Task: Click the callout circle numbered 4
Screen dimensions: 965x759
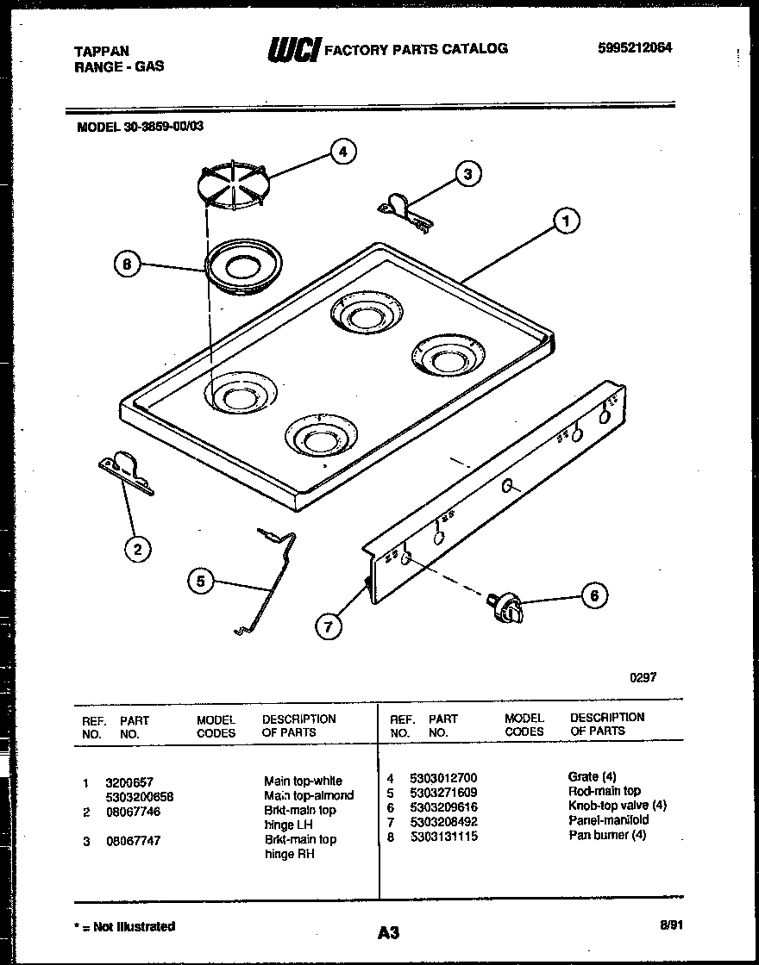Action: tap(342, 153)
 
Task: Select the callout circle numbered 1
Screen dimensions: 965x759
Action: tap(566, 221)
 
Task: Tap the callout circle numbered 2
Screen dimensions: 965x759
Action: tap(136, 549)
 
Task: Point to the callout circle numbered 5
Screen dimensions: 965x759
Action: tap(200, 582)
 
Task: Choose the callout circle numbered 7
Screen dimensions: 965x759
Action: tap(328, 627)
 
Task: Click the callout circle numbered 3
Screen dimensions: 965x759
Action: tap(467, 175)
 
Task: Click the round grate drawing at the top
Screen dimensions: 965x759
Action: tap(231, 182)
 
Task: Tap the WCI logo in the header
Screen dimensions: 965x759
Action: tap(294, 51)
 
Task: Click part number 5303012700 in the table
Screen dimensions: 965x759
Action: tap(443, 777)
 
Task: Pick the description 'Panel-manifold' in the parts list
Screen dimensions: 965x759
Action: tap(608, 820)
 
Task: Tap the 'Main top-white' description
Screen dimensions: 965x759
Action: tap(303, 781)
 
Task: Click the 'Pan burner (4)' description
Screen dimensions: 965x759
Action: tap(607, 835)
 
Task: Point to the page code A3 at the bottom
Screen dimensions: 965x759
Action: tap(388, 932)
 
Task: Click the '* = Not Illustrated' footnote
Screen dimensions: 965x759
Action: tap(125, 926)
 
